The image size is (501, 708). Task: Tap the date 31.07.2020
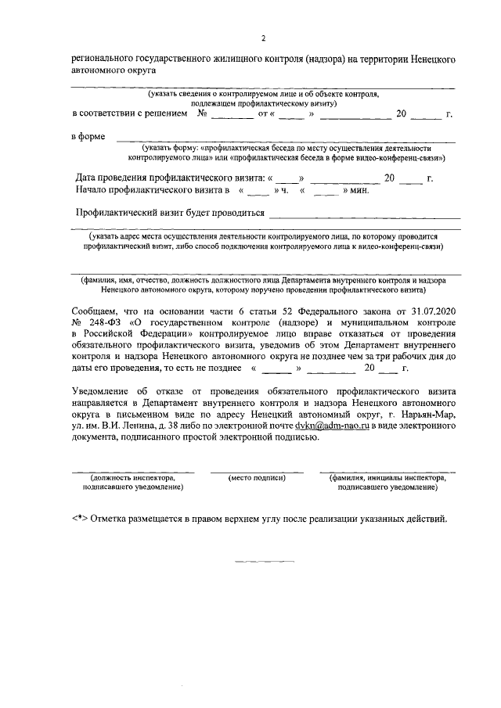(434, 311)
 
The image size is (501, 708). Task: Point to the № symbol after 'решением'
(202, 114)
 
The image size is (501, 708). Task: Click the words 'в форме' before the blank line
(88, 138)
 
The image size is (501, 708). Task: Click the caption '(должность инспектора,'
(131, 476)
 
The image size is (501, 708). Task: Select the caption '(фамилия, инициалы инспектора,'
(387, 476)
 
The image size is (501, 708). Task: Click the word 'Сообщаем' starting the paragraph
(96, 311)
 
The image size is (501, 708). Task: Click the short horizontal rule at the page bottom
(265, 561)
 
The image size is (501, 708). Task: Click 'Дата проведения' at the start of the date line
(113, 178)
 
